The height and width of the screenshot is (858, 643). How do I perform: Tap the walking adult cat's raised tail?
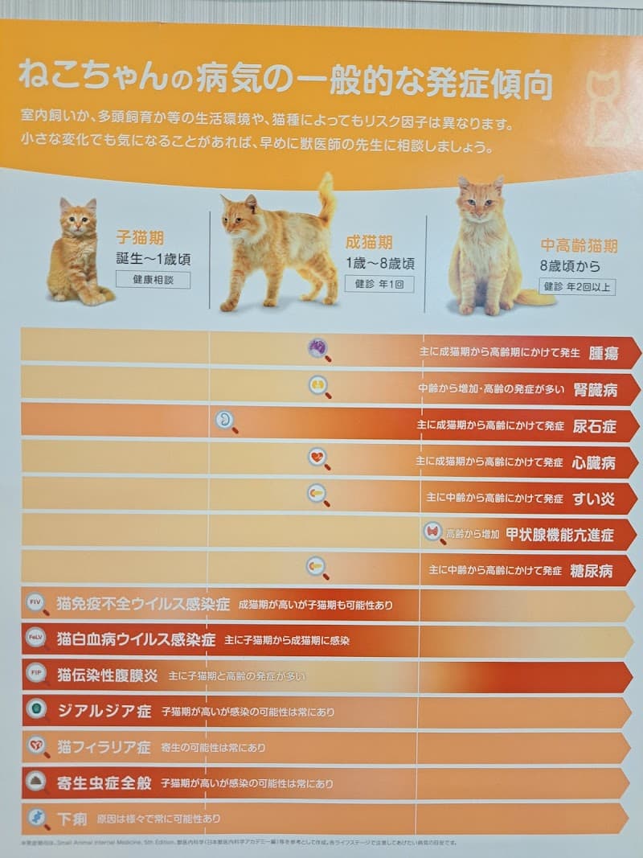tap(326, 197)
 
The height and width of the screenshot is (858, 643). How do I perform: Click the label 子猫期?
tap(140, 237)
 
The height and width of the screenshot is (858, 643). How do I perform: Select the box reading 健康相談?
tap(153, 280)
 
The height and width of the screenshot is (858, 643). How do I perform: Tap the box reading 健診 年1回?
tap(379, 283)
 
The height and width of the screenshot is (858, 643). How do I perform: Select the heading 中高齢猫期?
tap(579, 246)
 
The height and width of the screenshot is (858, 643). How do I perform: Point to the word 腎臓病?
tap(596, 390)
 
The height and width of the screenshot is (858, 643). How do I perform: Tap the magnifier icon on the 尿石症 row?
tap(226, 420)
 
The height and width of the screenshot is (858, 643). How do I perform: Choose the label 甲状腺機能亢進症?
tap(559, 535)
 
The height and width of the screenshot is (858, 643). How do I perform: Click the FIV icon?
tap(36, 602)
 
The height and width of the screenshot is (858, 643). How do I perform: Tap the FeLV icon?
tap(36, 638)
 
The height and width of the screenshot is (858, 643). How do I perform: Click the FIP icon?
tap(36, 673)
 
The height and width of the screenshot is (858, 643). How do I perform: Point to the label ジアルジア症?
tap(104, 711)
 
